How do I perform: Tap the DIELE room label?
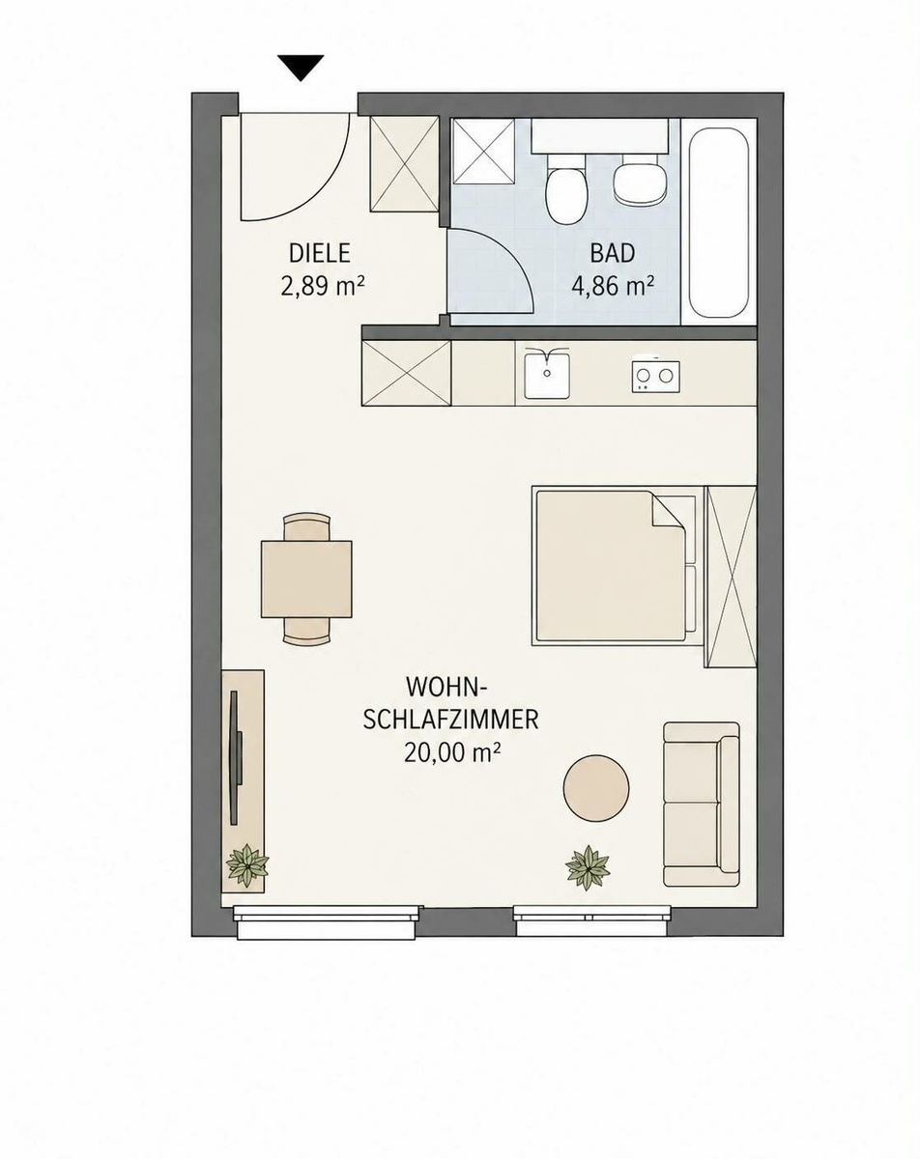pos(320,254)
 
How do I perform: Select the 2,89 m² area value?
pos(323,286)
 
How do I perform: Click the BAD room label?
pos(613,254)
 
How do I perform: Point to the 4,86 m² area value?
pos(613,286)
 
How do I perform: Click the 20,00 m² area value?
pos(450,752)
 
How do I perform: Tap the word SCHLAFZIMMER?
pos(450,721)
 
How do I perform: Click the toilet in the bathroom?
pos(565,192)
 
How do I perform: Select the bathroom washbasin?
pos(640,181)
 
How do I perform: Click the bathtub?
pos(720,223)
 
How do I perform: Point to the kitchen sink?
pos(548,373)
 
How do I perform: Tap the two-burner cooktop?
pos(655,376)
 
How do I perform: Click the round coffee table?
pos(595,788)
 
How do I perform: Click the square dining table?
pos(306,579)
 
